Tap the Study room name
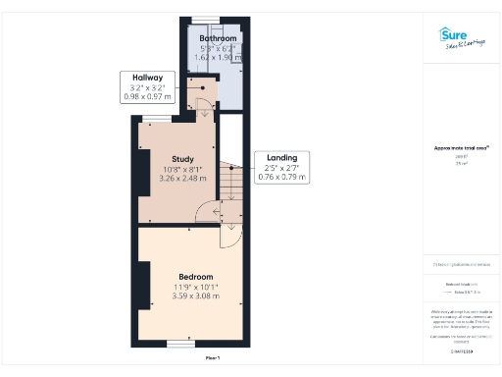click(181, 158)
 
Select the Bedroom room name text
click(192, 276)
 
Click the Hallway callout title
click(147, 77)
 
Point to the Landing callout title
click(282, 157)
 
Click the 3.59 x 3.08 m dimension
click(192, 296)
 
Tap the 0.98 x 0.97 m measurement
click(147, 96)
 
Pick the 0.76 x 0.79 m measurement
click(282, 178)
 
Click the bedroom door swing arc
click(228, 236)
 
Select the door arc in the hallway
click(203, 111)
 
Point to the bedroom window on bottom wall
click(178, 343)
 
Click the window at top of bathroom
click(205, 20)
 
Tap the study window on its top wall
click(155, 119)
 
